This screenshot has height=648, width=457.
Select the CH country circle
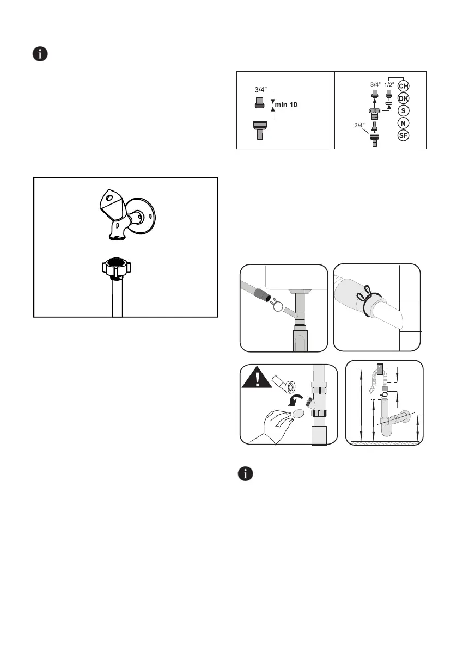click(404, 86)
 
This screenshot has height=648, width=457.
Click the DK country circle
click(404, 98)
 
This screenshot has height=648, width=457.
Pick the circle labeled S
click(404, 110)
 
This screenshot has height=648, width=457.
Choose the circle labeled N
click(404, 123)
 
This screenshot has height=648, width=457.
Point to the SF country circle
click(404, 135)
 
